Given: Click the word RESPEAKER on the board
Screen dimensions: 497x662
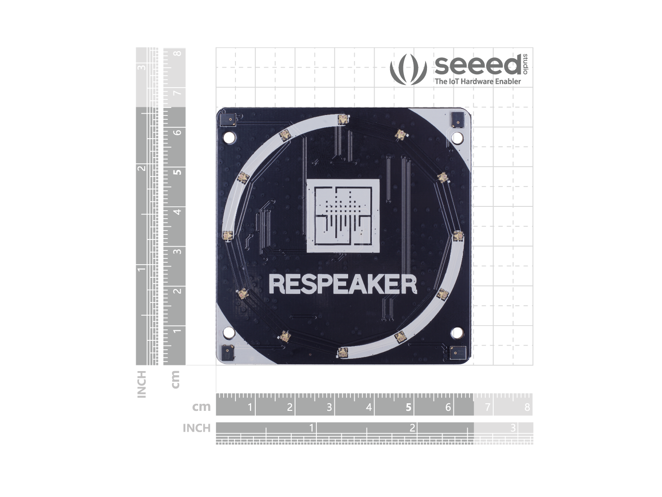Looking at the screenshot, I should point(343,284).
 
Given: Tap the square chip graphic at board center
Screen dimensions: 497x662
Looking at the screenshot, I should point(343,216).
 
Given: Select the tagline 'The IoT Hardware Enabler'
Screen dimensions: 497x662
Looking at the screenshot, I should point(478,81).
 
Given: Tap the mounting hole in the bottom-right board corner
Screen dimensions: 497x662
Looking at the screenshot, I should point(457,333).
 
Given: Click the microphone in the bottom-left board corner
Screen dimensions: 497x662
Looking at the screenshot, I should point(227,352).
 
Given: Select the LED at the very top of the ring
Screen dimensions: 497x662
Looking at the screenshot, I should point(343,120).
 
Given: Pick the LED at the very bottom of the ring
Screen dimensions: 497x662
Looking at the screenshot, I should point(342,352).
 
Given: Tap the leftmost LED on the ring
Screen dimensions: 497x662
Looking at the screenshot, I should point(227,235).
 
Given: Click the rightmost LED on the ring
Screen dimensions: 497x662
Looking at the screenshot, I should point(458,236).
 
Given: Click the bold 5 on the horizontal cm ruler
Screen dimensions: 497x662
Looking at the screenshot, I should point(409,408).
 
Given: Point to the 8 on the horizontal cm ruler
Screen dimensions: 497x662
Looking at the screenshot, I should point(527,408).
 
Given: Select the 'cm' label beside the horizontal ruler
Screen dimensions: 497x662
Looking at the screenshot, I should point(201,407).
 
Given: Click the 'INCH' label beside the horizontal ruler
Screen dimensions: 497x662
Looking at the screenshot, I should point(196,428).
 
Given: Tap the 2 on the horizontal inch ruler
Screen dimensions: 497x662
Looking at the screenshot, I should point(412,428).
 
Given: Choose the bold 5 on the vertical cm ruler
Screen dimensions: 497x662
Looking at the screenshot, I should point(177,171).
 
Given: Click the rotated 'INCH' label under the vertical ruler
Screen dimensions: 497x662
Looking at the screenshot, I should point(141,384).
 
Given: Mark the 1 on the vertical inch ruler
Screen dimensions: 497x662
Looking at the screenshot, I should point(141,270).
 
